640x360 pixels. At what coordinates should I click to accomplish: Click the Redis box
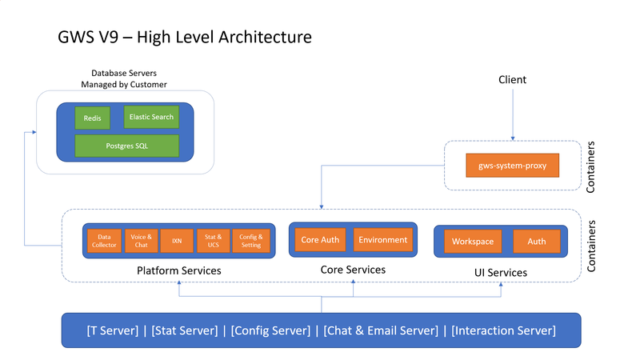click(x=92, y=118)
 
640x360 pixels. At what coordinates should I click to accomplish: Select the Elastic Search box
click(x=151, y=117)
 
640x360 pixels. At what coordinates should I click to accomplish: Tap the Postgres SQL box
click(x=126, y=146)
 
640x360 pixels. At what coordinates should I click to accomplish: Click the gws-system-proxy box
click(x=512, y=166)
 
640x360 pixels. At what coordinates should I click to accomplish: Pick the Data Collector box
click(x=103, y=241)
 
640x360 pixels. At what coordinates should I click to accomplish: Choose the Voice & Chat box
click(x=141, y=241)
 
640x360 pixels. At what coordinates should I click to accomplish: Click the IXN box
click(x=177, y=241)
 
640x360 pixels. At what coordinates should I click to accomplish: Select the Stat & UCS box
click(x=213, y=241)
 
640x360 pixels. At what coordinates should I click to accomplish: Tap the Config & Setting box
click(x=250, y=241)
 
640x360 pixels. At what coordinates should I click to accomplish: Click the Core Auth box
click(x=320, y=240)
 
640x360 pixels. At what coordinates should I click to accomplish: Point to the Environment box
click(x=383, y=240)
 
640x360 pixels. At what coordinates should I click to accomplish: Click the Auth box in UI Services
click(x=537, y=241)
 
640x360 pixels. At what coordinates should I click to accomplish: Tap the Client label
click(x=512, y=80)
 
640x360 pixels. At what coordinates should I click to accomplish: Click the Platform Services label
click(x=179, y=271)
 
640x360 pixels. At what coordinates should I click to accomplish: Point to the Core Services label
click(x=353, y=270)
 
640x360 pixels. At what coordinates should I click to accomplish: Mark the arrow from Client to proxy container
click(x=512, y=116)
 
